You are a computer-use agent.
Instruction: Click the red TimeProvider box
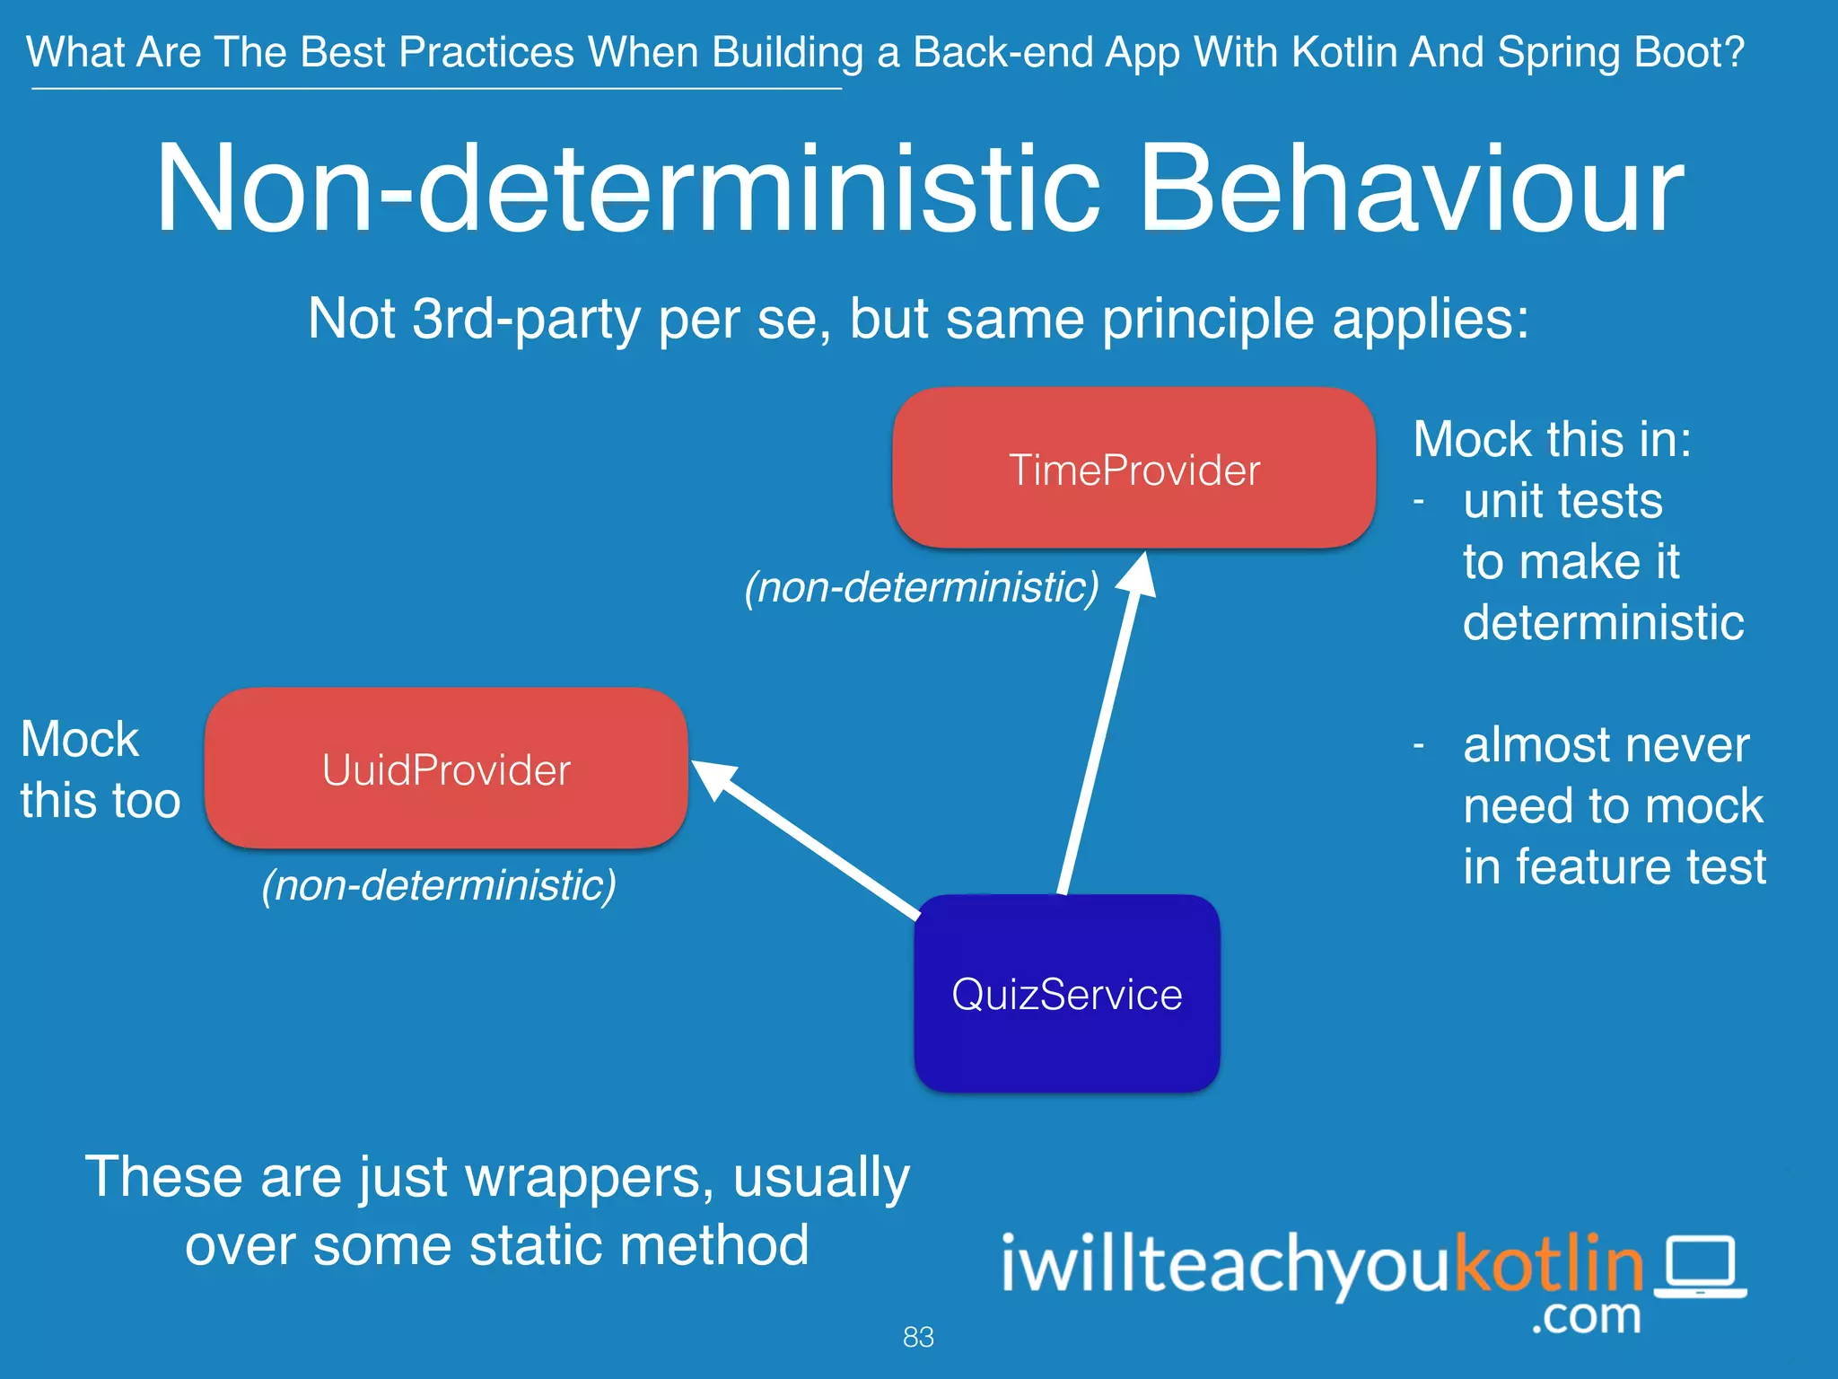click(1133, 469)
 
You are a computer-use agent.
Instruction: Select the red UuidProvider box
click(446, 769)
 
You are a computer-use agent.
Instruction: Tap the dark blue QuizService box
click(1066, 994)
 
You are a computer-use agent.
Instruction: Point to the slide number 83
click(918, 1337)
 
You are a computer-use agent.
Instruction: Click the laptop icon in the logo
click(1700, 1266)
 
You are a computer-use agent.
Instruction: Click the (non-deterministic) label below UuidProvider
click(439, 885)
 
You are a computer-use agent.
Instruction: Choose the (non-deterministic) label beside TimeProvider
click(922, 587)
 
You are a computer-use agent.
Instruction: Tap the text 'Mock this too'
click(100, 769)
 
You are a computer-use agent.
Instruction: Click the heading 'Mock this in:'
click(1552, 440)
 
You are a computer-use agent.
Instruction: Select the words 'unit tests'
click(1562, 500)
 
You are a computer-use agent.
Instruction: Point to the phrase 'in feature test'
click(1614, 866)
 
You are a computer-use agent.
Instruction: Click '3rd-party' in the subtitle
click(526, 318)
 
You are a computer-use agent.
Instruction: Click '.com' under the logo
click(1586, 1317)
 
